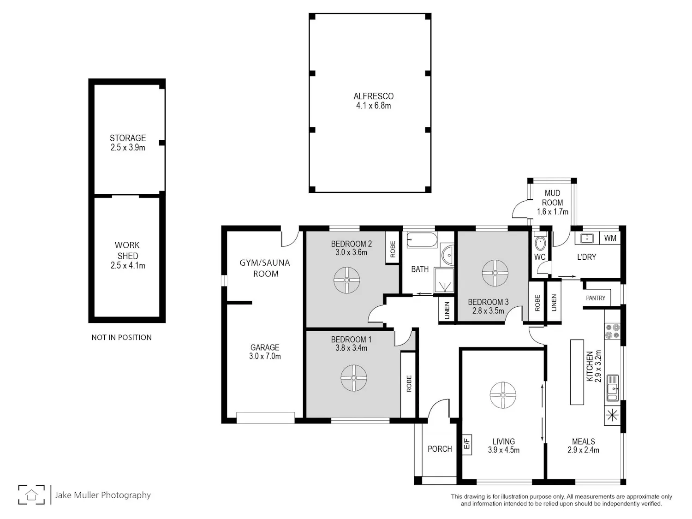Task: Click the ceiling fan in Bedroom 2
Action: (x=346, y=280)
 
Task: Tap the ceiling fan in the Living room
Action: (x=503, y=395)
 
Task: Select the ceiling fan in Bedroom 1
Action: (x=354, y=378)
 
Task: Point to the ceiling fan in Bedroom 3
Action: (x=495, y=273)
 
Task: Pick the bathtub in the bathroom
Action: (x=422, y=240)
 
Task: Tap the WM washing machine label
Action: (x=610, y=238)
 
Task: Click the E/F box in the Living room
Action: (x=467, y=444)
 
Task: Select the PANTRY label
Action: (x=596, y=298)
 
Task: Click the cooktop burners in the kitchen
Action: (x=612, y=331)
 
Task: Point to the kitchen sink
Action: (x=612, y=388)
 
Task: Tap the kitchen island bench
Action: (x=577, y=372)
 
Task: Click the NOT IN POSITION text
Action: (x=121, y=338)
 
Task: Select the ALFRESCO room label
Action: (x=374, y=96)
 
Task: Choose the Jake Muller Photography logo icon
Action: (x=31, y=495)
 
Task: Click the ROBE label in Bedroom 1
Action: (x=409, y=383)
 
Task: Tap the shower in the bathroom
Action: (x=444, y=280)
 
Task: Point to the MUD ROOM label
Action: (x=552, y=197)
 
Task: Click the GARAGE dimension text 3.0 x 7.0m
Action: (x=265, y=356)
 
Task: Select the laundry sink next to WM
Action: (x=587, y=238)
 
